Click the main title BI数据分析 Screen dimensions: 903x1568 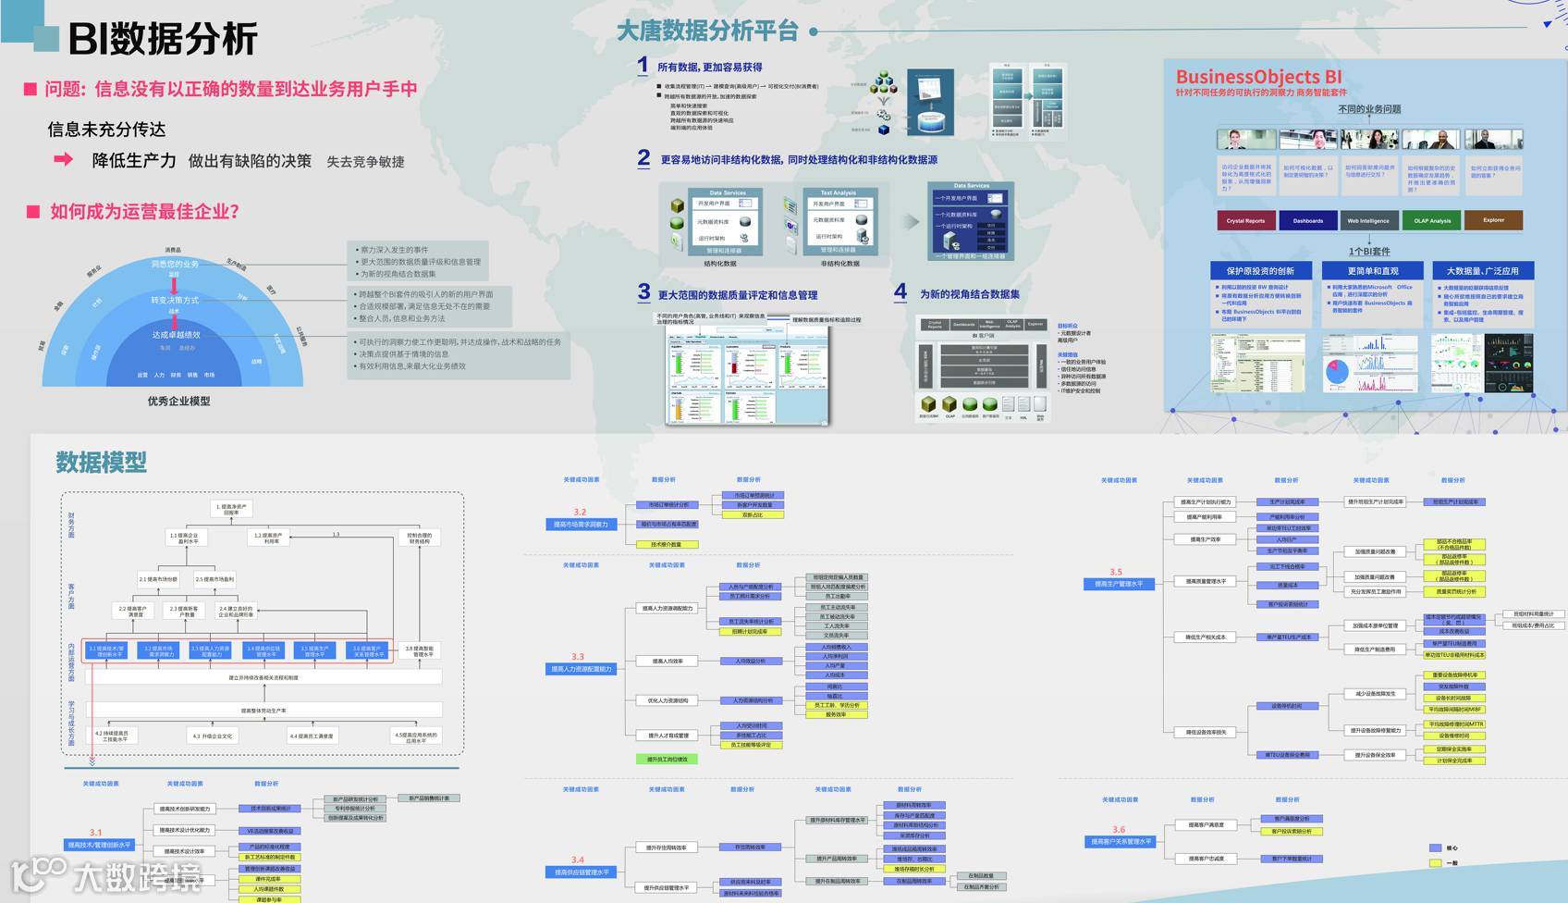163,39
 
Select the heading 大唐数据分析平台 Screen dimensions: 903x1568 707,31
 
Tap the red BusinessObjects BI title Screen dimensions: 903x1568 1258,77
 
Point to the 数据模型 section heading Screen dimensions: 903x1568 101,462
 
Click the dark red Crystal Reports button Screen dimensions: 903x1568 1245,221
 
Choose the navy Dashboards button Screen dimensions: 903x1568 1307,221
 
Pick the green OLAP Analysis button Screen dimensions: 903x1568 1432,221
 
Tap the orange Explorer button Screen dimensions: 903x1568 1493,220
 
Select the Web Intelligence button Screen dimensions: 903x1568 1368,221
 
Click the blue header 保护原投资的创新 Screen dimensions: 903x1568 1260,271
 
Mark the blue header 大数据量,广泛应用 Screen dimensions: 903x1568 1482,271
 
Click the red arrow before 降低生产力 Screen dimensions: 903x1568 64,159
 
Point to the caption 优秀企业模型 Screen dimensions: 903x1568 178,401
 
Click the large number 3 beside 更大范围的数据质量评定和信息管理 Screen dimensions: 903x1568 643,292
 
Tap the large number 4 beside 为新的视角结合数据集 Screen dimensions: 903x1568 900,292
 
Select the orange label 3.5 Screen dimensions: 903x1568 1116,572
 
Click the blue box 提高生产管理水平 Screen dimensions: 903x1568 1119,584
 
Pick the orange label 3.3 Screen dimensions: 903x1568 578,656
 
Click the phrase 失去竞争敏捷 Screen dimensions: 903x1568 365,162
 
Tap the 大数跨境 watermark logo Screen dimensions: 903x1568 106,874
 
